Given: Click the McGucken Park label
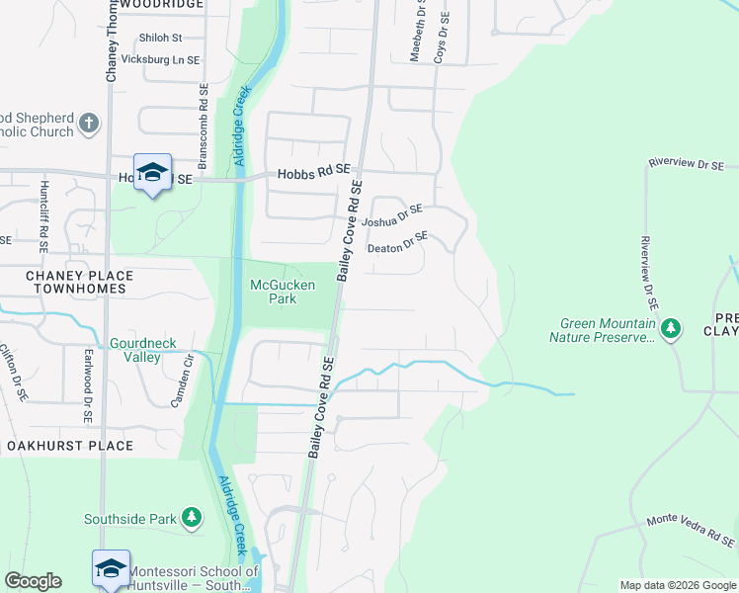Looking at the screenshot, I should click(283, 292).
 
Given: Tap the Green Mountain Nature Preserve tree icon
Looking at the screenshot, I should click(671, 327).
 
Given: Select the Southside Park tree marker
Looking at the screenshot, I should click(191, 517).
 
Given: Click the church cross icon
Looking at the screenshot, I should click(89, 124).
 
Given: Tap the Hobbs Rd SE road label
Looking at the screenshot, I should click(314, 170).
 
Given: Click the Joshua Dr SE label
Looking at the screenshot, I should click(392, 215).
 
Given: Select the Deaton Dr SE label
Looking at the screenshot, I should click(398, 242).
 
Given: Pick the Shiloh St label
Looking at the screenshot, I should click(161, 38).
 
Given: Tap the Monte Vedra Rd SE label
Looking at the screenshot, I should click(691, 531).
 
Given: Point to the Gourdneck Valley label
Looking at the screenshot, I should click(143, 350).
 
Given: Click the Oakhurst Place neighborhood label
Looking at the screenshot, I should click(69, 446).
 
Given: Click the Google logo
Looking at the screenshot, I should click(33, 581).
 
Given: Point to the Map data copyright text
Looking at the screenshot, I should click(678, 584).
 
